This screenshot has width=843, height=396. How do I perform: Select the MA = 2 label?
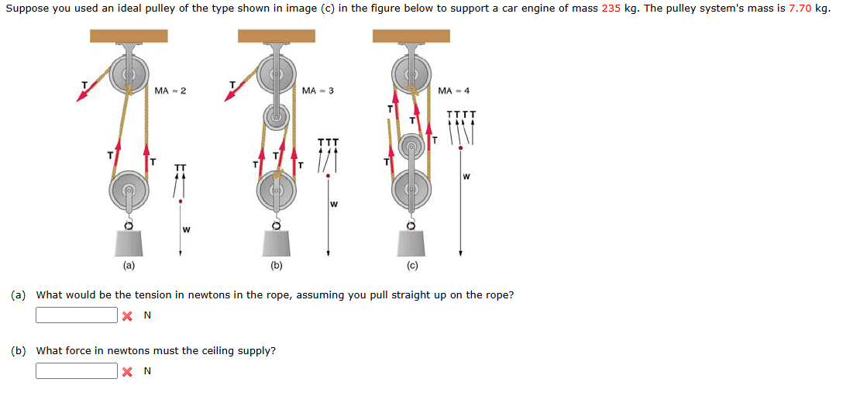(x=170, y=91)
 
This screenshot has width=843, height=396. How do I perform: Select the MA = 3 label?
(x=318, y=91)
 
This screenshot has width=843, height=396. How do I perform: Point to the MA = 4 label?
(x=453, y=91)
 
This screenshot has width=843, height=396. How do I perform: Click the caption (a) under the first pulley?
(x=128, y=265)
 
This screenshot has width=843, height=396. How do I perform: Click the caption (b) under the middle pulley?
(x=277, y=265)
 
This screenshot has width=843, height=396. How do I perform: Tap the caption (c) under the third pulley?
(x=412, y=265)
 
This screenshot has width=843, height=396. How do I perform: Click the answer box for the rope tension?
(x=76, y=315)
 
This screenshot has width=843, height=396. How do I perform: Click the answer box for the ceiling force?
(x=76, y=371)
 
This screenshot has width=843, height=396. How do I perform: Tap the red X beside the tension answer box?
(x=127, y=315)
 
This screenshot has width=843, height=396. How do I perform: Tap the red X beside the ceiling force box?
(x=127, y=371)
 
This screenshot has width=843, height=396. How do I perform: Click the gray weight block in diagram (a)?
(x=129, y=243)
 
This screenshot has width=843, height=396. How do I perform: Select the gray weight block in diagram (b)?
(x=277, y=243)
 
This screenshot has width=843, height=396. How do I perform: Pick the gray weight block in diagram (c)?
(x=411, y=243)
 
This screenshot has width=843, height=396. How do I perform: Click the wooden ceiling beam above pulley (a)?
(x=129, y=36)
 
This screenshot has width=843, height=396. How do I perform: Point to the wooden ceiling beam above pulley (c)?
(x=411, y=36)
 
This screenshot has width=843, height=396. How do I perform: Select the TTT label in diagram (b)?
(x=329, y=143)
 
